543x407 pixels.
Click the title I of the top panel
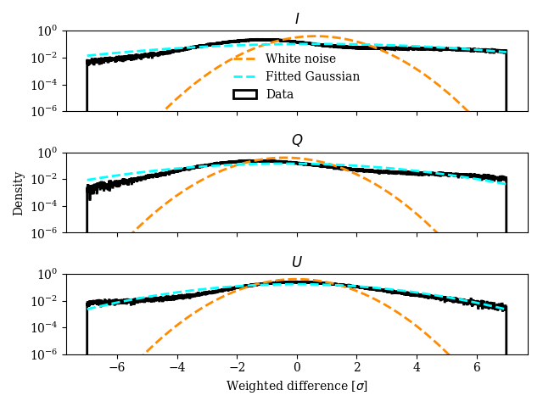(x=297, y=19)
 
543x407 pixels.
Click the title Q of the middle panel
(x=297, y=141)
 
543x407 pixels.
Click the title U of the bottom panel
(x=297, y=262)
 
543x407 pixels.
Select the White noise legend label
(x=300, y=59)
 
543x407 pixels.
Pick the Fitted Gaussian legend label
(x=312, y=77)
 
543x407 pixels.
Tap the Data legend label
(x=280, y=95)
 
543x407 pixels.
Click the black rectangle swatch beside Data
(x=245, y=95)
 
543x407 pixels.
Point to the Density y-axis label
(x=18, y=192)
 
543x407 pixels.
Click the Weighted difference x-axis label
(x=297, y=387)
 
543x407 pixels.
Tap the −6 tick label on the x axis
(x=117, y=368)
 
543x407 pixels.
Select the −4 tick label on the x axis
(x=176, y=368)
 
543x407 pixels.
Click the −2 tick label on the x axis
(x=237, y=368)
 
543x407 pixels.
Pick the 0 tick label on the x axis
(x=297, y=368)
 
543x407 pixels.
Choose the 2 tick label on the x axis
(x=356, y=368)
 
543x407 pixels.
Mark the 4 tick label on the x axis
(x=417, y=368)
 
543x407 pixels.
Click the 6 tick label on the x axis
(x=477, y=368)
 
